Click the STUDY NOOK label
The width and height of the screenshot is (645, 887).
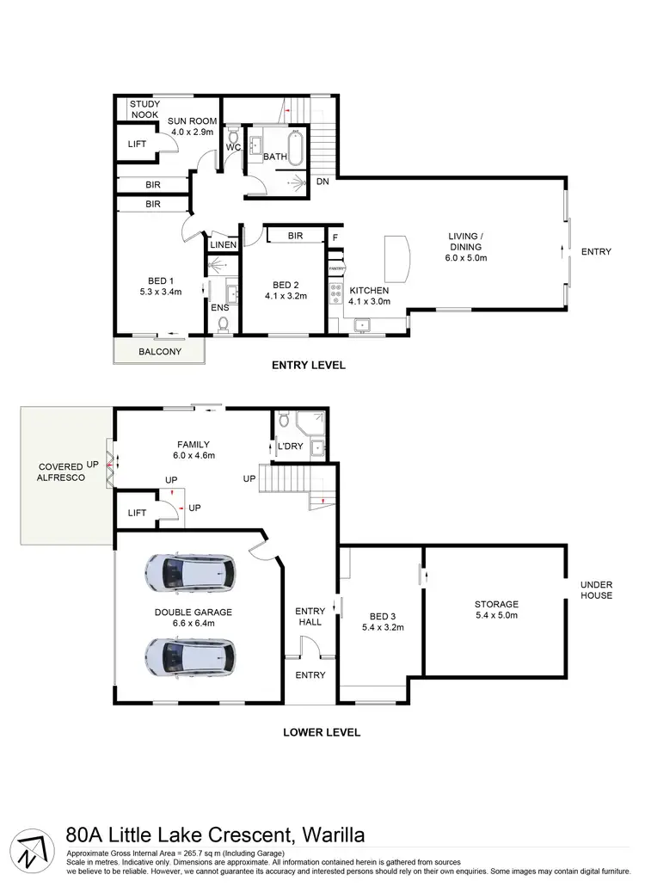pos(145,109)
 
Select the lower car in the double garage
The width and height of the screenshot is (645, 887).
pos(189,656)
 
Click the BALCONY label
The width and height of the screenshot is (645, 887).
pos(159,352)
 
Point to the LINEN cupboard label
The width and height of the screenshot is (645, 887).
pos(224,245)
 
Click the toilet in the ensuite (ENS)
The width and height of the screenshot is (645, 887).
pos(224,323)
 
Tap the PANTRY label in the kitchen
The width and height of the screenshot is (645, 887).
pos(335,269)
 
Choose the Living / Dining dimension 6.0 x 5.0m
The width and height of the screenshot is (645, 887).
pos(466,257)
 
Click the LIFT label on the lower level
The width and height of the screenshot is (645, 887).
pos(137,513)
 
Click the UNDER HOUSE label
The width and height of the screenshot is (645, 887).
pos(596,589)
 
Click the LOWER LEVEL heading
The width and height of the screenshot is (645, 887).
pos(322,733)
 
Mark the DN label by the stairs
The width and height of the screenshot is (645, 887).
pos(322,182)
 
